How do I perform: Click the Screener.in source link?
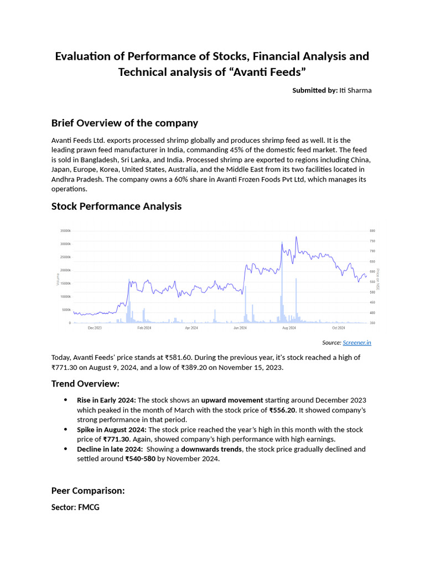tap(357, 343)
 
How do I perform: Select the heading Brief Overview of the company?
tap(125, 123)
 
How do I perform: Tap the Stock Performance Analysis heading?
tap(116, 207)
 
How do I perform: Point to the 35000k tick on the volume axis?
tap(65, 230)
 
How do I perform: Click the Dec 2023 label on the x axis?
tap(95, 328)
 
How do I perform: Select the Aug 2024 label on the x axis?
tap(289, 328)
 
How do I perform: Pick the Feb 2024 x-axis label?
tap(144, 328)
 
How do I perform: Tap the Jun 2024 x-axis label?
tap(240, 328)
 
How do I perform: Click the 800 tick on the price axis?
tap(372, 230)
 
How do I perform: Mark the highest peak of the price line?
tap(297, 237)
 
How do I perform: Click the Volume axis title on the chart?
tap(58, 277)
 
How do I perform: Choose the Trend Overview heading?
tap(85, 384)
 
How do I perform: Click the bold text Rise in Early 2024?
tap(106, 400)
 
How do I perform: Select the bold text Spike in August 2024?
tap(111, 430)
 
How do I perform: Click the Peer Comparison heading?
tap(88, 491)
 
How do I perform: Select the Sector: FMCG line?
tap(75, 507)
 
